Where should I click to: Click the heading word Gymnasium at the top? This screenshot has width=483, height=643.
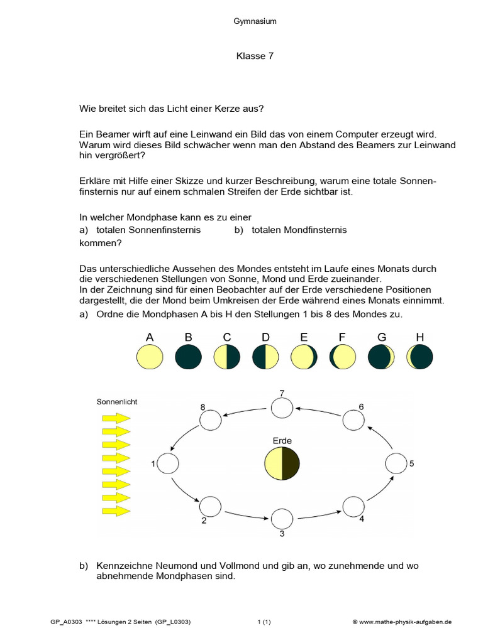255,21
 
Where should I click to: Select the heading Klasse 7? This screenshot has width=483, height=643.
255,57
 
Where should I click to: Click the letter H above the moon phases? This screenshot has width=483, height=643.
420,338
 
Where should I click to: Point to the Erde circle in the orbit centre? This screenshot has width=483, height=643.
282,463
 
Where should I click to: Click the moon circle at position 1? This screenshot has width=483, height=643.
169,464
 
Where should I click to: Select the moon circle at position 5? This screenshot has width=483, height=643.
396,464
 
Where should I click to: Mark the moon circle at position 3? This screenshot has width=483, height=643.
282,519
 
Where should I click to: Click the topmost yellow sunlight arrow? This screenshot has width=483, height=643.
116,417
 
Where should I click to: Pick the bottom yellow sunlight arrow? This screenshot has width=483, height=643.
116,511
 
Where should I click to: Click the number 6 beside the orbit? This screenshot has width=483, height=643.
361,407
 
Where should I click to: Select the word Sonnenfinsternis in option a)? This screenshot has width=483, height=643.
164,230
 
